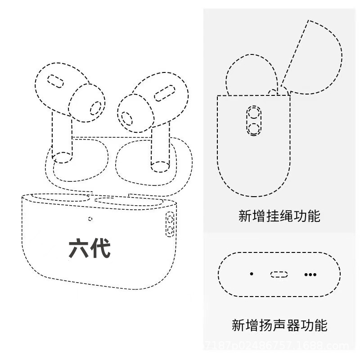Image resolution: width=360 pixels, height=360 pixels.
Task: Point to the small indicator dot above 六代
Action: (x=90, y=219)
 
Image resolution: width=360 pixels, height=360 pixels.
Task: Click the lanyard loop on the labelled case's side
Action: (x=170, y=225)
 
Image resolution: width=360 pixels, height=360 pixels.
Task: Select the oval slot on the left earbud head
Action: (x=56, y=81)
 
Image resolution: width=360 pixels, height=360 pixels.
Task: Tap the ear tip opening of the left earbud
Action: (x=95, y=108)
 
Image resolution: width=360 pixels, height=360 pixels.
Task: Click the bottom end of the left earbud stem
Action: (x=62, y=157)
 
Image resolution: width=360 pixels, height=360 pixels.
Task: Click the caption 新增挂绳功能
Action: (x=279, y=216)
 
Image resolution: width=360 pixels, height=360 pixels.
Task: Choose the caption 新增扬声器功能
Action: (x=279, y=324)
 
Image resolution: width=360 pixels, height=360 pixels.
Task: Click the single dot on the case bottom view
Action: (x=252, y=274)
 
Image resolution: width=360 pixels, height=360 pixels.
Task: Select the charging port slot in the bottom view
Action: (x=279, y=274)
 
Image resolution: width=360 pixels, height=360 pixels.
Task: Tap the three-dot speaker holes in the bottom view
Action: (x=310, y=274)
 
